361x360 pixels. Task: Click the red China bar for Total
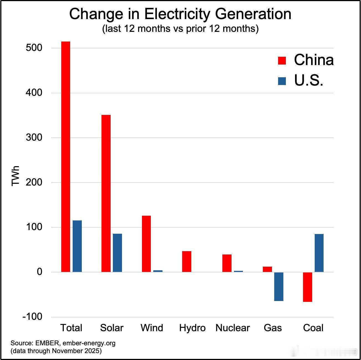coord(66,156)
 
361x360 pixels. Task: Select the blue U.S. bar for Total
coord(77,246)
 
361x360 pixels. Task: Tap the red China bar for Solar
coord(106,193)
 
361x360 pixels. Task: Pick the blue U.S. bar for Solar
coord(117,253)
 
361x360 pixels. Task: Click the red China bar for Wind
coord(146,244)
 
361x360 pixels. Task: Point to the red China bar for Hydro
coord(187,261)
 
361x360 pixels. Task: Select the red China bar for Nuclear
coord(227,263)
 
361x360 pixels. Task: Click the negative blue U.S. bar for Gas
coord(279,286)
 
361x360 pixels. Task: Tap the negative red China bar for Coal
coord(307,287)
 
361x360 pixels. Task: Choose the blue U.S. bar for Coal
coord(319,253)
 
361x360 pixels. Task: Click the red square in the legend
coord(282,60)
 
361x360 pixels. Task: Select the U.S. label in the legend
coord(309,81)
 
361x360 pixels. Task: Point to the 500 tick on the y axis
coord(34,48)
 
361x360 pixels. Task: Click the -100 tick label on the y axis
coord(32,316)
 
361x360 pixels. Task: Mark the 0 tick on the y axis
coord(39,272)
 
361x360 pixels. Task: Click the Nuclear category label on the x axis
coord(232,328)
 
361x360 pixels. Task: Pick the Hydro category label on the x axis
coord(192,328)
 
